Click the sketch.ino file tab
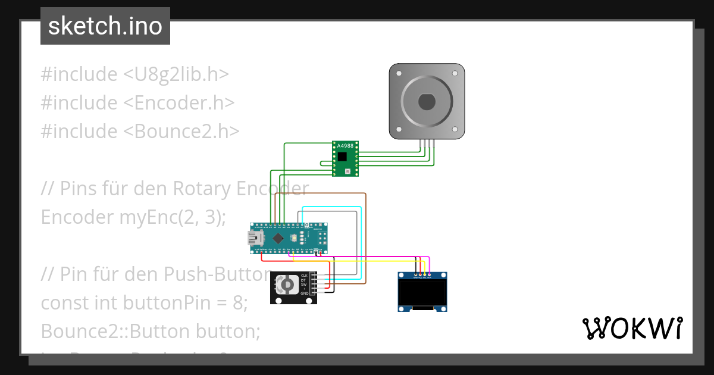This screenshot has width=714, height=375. coord(105,26)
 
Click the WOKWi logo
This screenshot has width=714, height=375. coord(632,329)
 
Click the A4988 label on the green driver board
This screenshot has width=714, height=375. coord(345,146)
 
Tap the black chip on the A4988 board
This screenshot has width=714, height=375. coord(342,157)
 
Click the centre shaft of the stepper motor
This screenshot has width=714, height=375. coord(427,102)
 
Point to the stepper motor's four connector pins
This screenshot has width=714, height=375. coord(427,142)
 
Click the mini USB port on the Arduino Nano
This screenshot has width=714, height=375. coord(256,239)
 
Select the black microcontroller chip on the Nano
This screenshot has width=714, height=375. coord(278,237)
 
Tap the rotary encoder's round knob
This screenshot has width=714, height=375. coord(286,286)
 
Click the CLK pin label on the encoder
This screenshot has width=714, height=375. coord(304,276)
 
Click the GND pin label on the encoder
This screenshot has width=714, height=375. coord(304,293)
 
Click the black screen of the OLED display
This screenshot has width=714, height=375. coord(422,292)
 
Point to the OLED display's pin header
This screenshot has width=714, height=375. coord(421,276)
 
